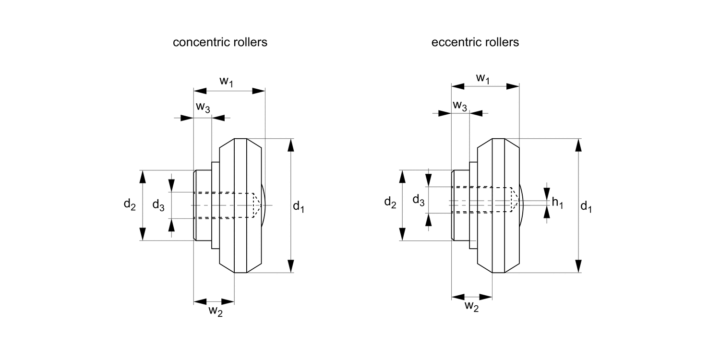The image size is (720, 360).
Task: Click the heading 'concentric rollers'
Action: [x=220, y=42]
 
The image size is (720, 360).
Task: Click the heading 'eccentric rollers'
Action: [x=475, y=42]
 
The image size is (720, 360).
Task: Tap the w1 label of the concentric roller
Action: [x=227, y=81]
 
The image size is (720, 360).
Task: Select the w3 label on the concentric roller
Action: [x=203, y=108]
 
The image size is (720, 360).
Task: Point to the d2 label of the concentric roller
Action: [x=130, y=204]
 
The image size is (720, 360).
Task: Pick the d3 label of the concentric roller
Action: [x=158, y=205]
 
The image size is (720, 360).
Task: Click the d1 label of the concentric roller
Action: [x=299, y=207]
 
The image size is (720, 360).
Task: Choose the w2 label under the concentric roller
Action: [x=215, y=311]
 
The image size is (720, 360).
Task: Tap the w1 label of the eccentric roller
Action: [x=483, y=78]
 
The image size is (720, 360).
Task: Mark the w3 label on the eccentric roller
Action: [x=460, y=105]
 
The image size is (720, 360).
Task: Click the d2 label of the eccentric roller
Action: [x=390, y=203]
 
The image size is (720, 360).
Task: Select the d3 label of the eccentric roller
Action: [x=419, y=201]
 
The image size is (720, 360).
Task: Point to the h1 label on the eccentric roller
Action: [x=557, y=203]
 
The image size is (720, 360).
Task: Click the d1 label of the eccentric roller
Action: [x=586, y=207]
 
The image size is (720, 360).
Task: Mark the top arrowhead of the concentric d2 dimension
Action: [x=143, y=177]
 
